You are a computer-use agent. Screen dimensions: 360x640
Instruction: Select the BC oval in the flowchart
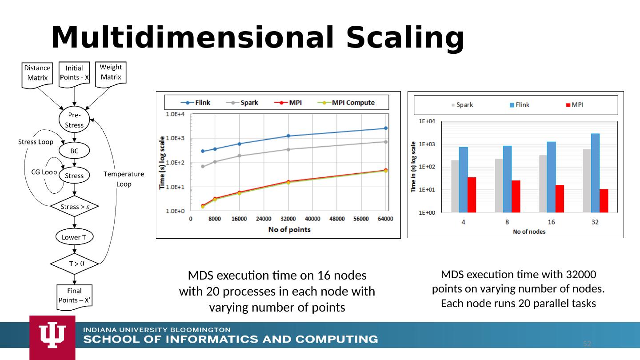74,151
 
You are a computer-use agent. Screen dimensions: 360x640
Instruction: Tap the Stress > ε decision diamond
74,207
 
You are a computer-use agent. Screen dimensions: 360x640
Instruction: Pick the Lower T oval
74,237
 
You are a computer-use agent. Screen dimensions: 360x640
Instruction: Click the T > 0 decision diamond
74,264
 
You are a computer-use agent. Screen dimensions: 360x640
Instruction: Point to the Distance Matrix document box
37,73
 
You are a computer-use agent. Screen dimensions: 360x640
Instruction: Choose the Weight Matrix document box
111,72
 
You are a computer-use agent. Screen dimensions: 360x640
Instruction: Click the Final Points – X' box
74,296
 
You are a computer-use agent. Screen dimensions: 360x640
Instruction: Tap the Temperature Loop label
124,179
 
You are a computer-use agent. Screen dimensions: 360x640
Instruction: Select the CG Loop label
44,172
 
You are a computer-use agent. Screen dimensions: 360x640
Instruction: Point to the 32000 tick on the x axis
288,219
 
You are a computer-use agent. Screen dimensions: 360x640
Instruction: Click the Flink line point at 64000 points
385,128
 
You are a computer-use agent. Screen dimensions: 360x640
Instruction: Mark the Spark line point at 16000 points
239,156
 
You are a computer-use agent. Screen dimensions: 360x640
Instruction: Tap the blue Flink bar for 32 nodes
595,173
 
